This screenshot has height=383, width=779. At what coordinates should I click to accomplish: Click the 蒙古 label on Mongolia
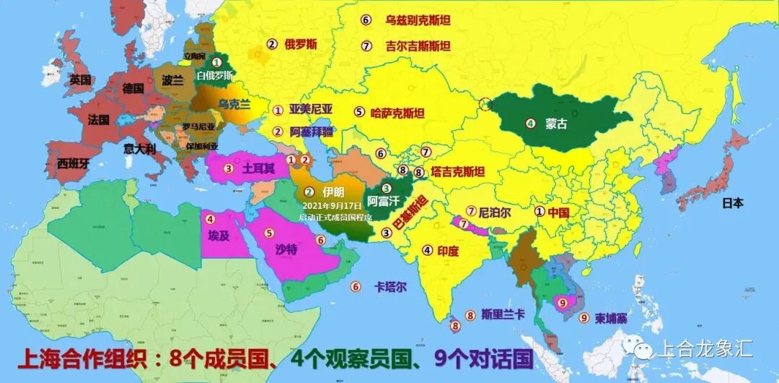pyautogui.click(x=556, y=124)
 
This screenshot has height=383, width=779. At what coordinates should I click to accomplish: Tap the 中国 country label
pyautogui.click(x=558, y=212)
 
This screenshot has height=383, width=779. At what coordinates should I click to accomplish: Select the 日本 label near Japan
pyautogui.click(x=733, y=203)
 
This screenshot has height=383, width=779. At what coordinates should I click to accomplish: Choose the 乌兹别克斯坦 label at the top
pyautogui.click(x=417, y=20)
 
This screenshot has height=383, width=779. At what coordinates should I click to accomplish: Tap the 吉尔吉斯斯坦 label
pyautogui.click(x=418, y=46)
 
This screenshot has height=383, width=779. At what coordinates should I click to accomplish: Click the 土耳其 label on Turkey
pyautogui.click(x=258, y=169)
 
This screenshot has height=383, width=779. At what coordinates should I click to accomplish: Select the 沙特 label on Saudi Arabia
pyautogui.click(x=286, y=248)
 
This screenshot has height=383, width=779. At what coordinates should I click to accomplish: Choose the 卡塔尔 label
pyautogui.click(x=390, y=286)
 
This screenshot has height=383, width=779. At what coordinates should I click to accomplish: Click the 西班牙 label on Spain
pyautogui.click(x=74, y=163)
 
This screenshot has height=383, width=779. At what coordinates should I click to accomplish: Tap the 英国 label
pyautogui.click(x=80, y=79)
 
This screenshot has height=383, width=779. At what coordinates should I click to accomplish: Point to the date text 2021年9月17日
pyautogui.click(x=334, y=206)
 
